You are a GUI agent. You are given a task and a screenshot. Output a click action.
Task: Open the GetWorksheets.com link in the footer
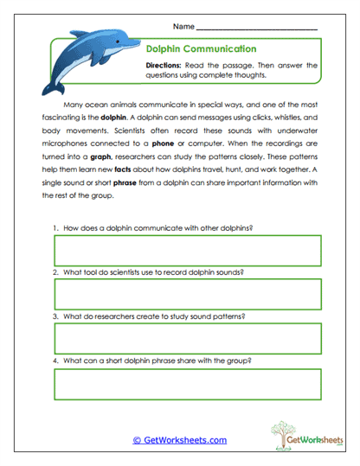pyautogui.click(x=180, y=440)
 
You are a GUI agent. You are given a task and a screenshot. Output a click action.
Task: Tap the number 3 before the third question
pyautogui.click(x=55, y=316)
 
